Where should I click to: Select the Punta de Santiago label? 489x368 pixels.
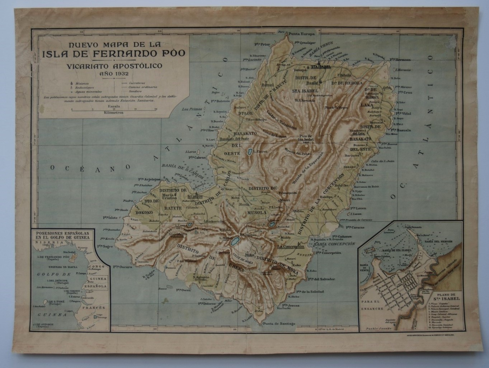point(279,324)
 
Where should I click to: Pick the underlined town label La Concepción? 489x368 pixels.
point(291,247)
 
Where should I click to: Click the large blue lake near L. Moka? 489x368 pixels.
point(235,240)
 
